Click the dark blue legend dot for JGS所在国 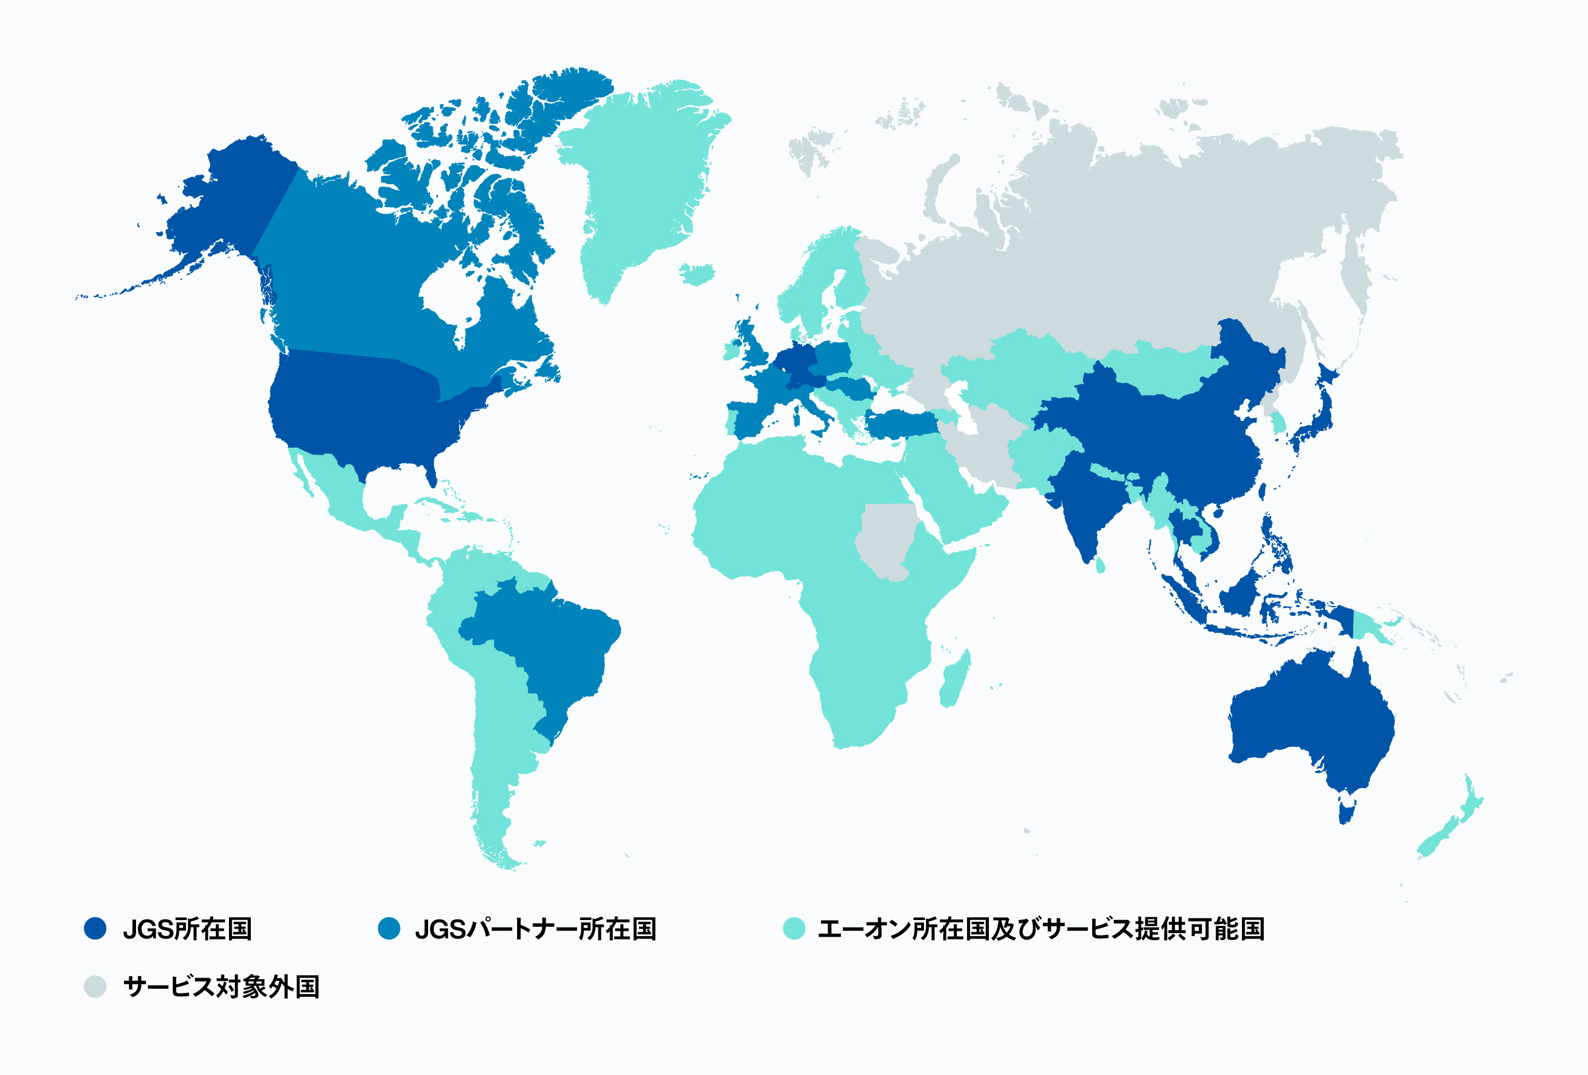(95, 928)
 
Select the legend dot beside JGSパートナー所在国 (389, 928)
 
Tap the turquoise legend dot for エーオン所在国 (794, 928)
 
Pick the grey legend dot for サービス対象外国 (95, 986)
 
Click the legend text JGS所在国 (187, 929)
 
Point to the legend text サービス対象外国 (222, 987)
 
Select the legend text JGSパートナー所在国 (535, 929)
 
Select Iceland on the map (697, 273)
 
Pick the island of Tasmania (1346, 813)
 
